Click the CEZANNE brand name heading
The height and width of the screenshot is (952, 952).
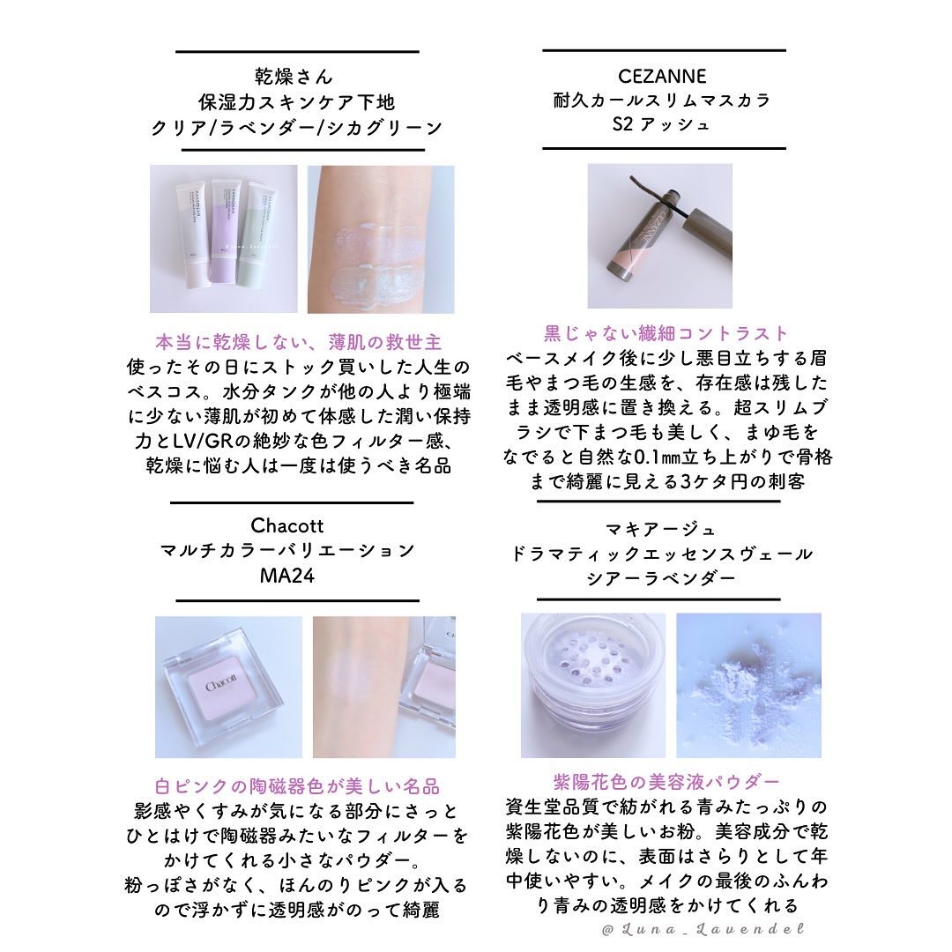tap(662, 76)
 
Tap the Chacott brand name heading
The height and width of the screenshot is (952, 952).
tap(286, 525)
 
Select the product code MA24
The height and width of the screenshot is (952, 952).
tap(287, 575)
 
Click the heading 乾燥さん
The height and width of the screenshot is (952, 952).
tap(294, 77)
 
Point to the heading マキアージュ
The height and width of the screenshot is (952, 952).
tap(661, 530)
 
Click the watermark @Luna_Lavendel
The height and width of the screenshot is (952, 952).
tap(703, 929)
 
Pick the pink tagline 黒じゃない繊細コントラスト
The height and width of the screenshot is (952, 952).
tap(666, 333)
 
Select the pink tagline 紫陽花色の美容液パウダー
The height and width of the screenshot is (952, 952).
tap(666, 781)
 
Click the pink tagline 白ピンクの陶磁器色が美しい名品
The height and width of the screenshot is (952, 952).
tap(297, 786)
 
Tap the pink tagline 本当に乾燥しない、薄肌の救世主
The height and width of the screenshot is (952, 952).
tap(298, 342)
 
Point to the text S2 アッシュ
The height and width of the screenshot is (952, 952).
tap(660, 124)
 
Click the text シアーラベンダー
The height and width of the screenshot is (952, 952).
tap(660, 578)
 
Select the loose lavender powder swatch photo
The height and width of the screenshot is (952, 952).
tap(748, 686)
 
